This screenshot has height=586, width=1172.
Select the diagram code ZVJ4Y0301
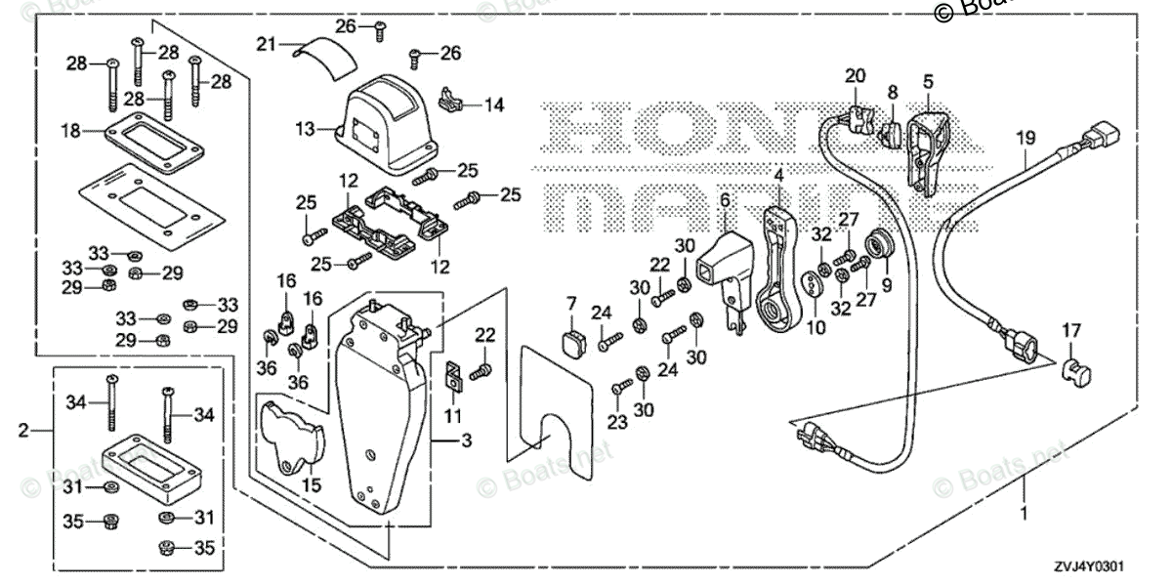[x=1103, y=565]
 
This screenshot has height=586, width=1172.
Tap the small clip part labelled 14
[x=451, y=99]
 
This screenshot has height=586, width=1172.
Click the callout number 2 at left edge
[x=22, y=429]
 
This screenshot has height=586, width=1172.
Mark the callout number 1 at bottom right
[x=1025, y=513]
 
